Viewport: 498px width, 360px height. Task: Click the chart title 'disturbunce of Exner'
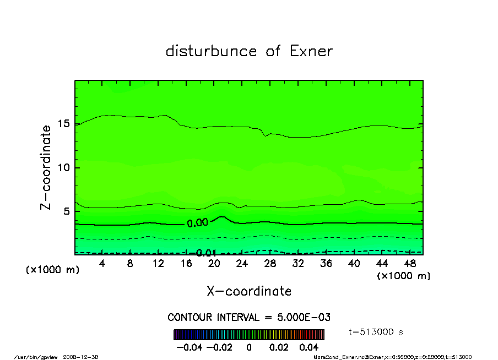point(249,51)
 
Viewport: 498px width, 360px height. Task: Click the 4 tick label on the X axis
point(102,264)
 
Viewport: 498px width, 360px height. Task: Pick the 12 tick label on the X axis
point(158,264)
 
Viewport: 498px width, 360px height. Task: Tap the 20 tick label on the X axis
point(214,264)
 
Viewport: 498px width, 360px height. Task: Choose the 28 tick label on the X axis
point(270,264)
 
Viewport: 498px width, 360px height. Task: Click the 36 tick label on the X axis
point(326,264)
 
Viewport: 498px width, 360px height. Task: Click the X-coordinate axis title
point(249,291)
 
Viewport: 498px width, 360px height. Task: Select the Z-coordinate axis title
point(46,167)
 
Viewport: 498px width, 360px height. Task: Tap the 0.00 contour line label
point(197,223)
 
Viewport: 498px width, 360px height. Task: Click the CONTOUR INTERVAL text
point(249,318)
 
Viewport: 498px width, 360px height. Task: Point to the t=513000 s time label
point(376,332)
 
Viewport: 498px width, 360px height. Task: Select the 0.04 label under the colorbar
point(308,347)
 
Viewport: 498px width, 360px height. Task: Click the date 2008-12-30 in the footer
point(85,357)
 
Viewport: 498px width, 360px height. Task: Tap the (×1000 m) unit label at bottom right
point(403,276)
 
